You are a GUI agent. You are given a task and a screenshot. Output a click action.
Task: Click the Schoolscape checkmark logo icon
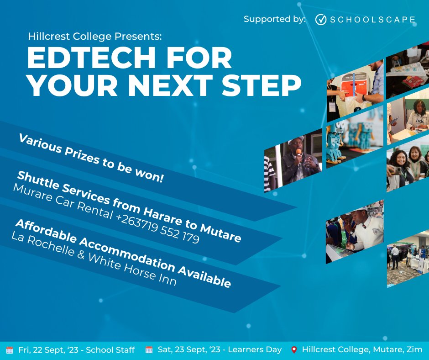coord(321,19)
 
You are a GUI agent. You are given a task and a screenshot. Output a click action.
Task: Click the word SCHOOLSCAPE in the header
coord(372,20)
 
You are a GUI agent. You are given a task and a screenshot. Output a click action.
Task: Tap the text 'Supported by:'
coord(274,19)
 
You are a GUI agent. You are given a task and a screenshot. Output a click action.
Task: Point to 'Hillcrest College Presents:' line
coord(95,36)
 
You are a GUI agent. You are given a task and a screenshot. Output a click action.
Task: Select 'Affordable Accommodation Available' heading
coord(123,254)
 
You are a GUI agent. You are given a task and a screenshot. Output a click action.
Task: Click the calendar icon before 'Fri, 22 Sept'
coord(10,350)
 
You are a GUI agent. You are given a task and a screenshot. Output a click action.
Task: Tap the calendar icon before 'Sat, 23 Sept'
coord(149,350)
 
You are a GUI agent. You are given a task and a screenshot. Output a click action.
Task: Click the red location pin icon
coord(294,350)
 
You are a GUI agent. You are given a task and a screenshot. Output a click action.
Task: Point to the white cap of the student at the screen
coord(364,211)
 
